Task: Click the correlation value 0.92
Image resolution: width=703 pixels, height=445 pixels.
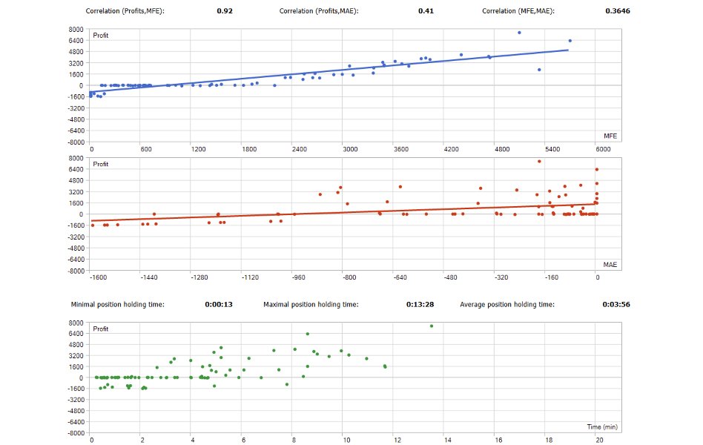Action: click(225, 11)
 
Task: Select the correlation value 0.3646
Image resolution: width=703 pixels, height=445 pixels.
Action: click(618, 11)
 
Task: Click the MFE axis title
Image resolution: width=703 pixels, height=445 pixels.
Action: click(610, 136)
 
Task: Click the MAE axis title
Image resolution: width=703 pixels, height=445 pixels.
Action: click(610, 265)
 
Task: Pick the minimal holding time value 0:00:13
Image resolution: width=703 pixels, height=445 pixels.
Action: click(219, 304)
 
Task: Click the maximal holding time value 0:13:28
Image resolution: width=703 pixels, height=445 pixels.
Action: click(420, 304)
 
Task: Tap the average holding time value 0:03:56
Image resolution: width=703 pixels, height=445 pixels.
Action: click(616, 304)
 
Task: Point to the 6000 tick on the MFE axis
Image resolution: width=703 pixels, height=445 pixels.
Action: click(603, 149)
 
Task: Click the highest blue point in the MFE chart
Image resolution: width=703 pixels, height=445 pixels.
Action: click(519, 33)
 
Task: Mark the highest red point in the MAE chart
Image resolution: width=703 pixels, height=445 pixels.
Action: click(540, 161)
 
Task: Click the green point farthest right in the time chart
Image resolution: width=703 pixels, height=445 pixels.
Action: click(432, 326)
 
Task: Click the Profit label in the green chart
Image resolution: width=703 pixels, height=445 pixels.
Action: click(101, 328)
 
